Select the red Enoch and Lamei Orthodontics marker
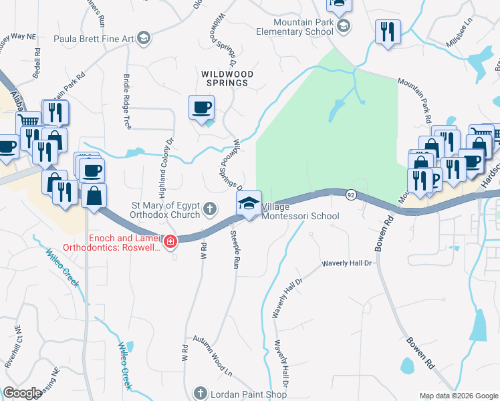click(x=171, y=241)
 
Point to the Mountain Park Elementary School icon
click(x=344, y=27)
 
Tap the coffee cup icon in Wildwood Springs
click(x=202, y=108)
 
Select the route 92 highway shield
click(x=350, y=194)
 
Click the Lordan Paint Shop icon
click(x=199, y=393)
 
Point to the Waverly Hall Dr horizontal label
click(x=346, y=264)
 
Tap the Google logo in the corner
click(x=22, y=393)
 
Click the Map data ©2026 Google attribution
click(x=458, y=396)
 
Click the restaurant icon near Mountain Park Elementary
click(x=388, y=32)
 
